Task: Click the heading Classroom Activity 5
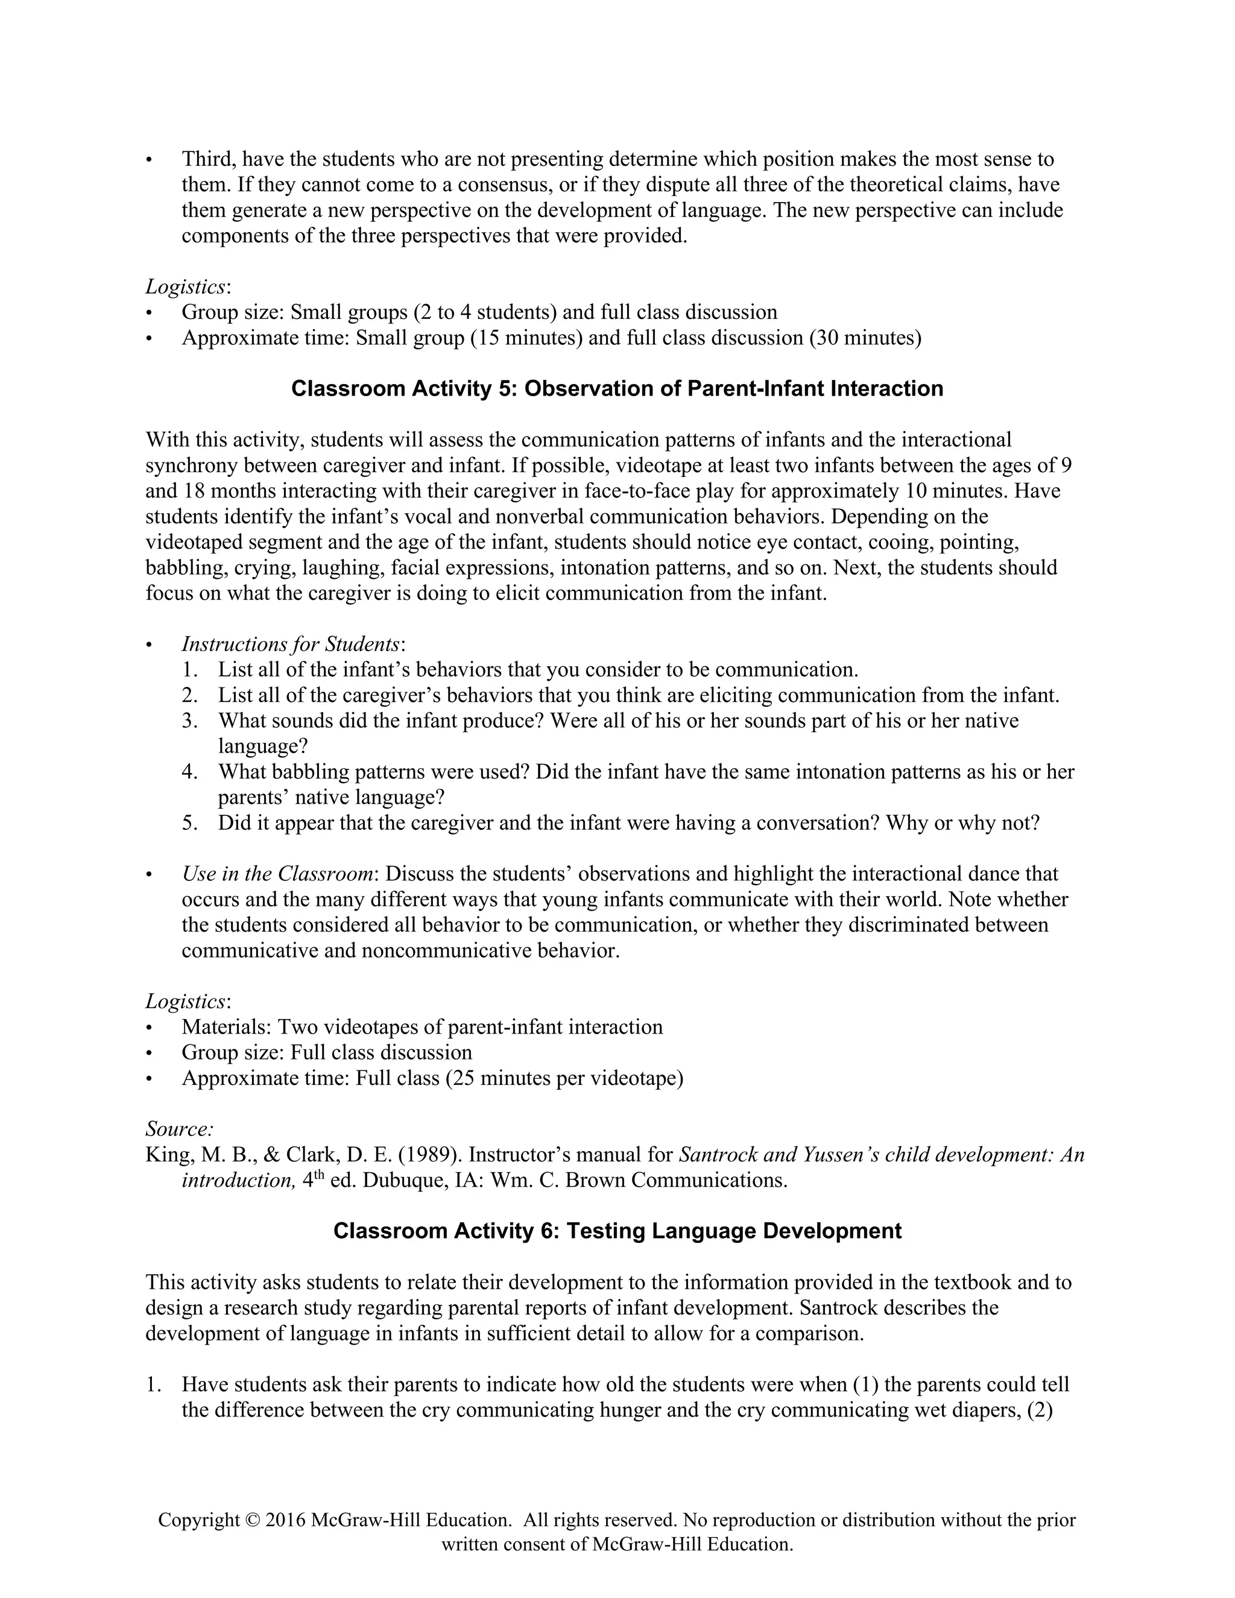[x=617, y=388]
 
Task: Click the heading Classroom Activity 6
[x=617, y=1231]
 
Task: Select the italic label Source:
[x=179, y=1128]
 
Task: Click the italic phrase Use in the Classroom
[x=278, y=874]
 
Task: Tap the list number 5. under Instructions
[x=190, y=823]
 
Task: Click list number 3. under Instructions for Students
[x=190, y=721]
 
